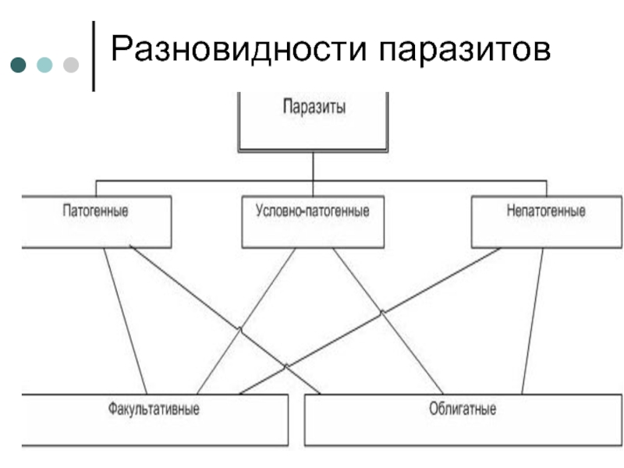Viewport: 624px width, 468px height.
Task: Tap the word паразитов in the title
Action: tap(464, 51)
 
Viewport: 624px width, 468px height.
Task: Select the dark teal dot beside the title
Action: tap(18, 65)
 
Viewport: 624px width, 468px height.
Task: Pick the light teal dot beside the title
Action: tap(44, 65)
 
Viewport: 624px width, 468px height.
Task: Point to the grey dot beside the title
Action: tap(71, 65)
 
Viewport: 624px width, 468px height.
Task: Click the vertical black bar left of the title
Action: tap(94, 56)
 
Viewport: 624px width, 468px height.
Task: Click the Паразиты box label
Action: tap(314, 107)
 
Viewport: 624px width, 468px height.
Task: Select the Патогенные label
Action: tap(95, 210)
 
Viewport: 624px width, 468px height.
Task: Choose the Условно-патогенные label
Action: tap(313, 211)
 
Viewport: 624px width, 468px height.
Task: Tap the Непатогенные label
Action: tap(545, 210)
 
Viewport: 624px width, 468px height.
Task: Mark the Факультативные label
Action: tap(154, 409)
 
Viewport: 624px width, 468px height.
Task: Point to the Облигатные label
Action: tap(463, 409)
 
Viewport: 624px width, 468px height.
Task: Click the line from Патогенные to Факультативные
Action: tap(126, 321)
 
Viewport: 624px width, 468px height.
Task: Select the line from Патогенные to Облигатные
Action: tap(225, 321)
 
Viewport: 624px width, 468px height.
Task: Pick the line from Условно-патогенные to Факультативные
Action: tap(246, 321)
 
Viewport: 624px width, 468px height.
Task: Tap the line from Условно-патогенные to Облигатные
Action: tap(388, 321)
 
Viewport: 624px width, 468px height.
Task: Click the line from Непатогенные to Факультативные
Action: tap(370, 321)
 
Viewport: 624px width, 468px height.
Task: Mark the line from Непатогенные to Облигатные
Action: tap(532, 321)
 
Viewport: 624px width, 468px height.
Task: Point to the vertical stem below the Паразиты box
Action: tap(314, 174)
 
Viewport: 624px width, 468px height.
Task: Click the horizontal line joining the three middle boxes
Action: tap(321, 181)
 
